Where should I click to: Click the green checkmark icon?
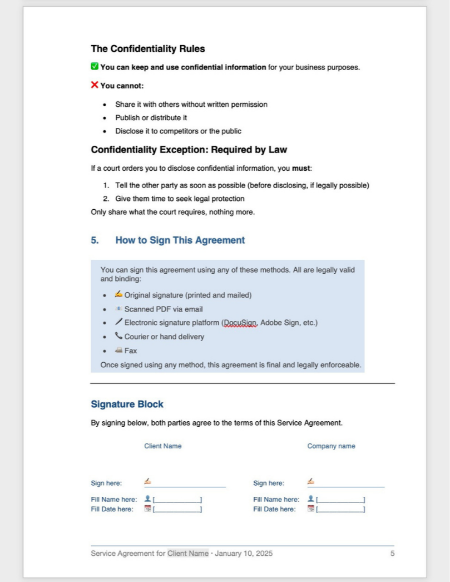pos(95,67)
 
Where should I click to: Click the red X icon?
pos(95,85)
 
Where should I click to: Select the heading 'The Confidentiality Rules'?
pos(147,49)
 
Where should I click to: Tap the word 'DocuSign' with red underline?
pos(239,323)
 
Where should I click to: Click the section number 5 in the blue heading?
pos(95,240)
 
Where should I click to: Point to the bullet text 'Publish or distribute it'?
pos(151,118)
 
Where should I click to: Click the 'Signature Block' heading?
pos(127,404)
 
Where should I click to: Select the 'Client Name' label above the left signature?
pos(162,446)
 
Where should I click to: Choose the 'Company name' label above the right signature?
pos(331,446)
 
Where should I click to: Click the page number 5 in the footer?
pos(392,554)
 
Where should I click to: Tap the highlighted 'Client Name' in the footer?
pos(188,554)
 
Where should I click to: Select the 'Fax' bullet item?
pos(131,351)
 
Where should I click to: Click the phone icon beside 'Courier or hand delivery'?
pos(118,336)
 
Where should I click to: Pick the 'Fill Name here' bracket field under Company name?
pos(340,500)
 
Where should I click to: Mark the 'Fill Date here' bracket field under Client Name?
pos(177,509)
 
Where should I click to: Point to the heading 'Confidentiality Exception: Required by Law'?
pos(189,150)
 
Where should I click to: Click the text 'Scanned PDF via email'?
pos(164,309)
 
